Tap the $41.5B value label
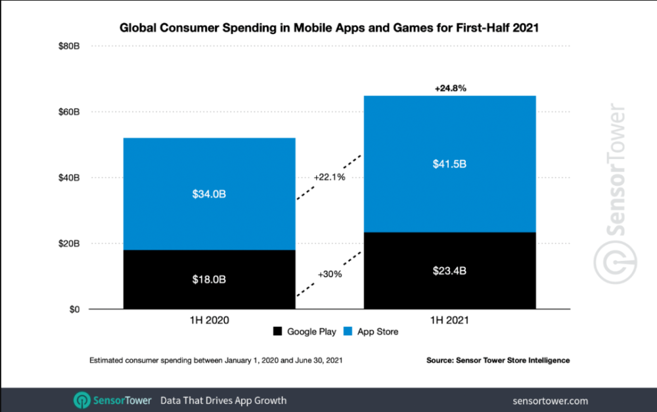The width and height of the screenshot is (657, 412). [x=450, y=164]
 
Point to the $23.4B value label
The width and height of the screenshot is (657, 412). [x=450, y=271]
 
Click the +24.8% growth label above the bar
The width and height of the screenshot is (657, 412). [x=450, y=87]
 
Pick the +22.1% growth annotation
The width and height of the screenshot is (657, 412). [x=329, y=177]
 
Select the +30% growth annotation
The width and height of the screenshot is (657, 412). [x=329, y=274]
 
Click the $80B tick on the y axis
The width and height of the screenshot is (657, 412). [x=69, y=47]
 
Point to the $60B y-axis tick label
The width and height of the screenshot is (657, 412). [x=69, y=112]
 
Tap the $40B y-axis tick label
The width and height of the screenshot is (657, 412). [x=69, y=178]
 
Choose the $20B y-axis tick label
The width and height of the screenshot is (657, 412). [x=69, y=244]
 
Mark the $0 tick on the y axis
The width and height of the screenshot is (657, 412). [x=74, y=309]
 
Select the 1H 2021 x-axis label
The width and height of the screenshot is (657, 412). [x=450, y=321]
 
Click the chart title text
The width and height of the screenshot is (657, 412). [x=328, y=28]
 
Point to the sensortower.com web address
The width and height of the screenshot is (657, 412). [x=550, y=400]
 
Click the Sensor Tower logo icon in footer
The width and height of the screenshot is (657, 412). [x=83, y=400]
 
